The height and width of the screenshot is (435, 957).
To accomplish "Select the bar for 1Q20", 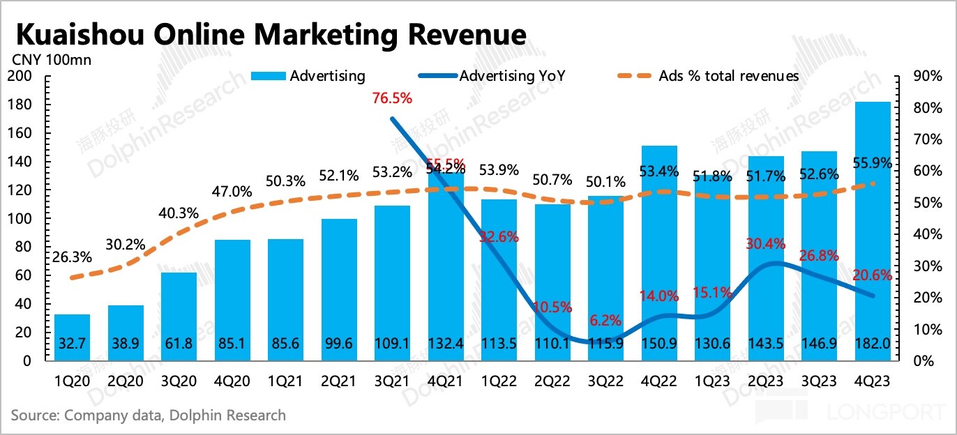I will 72,337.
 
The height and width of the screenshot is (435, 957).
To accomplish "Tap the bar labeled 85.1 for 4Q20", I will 232,300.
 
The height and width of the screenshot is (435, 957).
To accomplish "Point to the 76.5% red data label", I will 392,98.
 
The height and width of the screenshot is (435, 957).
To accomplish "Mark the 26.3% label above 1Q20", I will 71,257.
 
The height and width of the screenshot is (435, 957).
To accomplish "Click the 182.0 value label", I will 873,346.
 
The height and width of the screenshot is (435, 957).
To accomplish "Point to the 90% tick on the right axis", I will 927,76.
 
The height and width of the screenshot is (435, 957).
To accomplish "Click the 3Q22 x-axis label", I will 605,381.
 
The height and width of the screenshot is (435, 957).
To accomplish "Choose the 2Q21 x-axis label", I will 339,381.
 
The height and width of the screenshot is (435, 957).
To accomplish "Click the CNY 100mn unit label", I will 50,59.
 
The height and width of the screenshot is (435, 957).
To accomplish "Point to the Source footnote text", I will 148,415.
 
